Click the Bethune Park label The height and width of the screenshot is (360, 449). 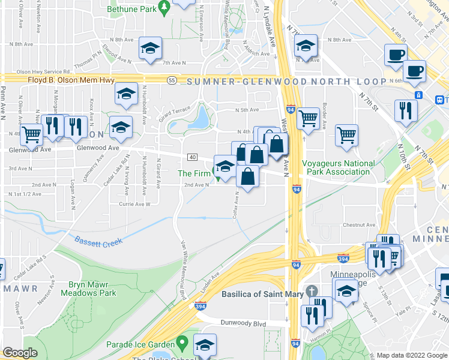132,9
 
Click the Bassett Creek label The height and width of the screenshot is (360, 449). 98,241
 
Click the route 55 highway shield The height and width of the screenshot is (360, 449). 172,80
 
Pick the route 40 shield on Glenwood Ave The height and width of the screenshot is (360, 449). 192,157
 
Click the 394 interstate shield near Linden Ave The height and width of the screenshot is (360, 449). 200,306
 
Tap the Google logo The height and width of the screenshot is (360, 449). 20,353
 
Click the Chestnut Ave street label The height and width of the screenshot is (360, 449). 359,225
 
